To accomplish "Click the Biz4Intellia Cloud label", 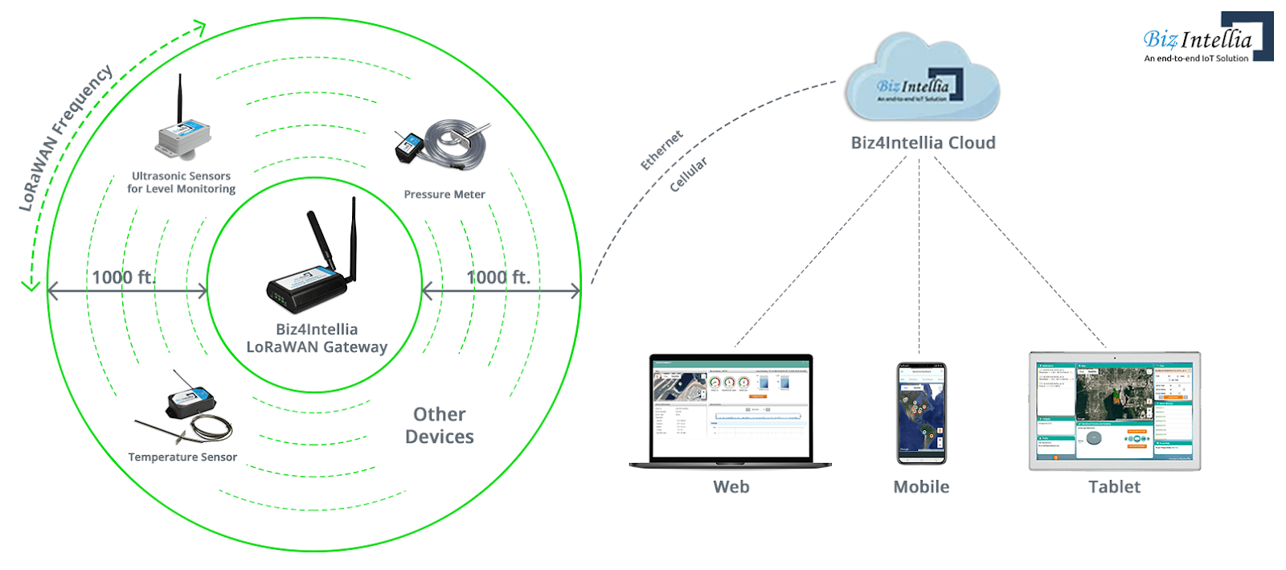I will click(x=923, y=143).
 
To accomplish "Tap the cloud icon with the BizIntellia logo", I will click(x=921, y=80).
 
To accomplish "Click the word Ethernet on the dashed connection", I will click(x=661, y=150).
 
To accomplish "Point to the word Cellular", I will click(x=689, y=174).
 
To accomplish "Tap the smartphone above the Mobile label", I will click(x=921, y=413).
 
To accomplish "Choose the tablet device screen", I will click(x=1115, y=410).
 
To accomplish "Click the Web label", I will click(x=731, y=487).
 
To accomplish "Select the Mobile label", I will click(x=921, y=487).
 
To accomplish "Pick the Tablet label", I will click(x=1114, y=487).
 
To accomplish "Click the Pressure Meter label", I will click(x=444, y=195).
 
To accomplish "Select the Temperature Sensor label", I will click(x=182, y=457).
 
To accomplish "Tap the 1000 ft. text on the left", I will click(x=123, y=277).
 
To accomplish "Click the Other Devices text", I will click(x=439, y=425).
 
